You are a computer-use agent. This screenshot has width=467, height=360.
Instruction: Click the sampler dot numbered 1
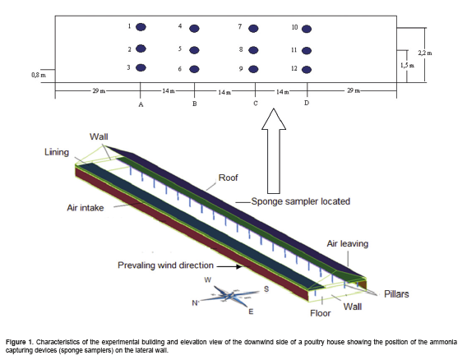[x=141, y=27]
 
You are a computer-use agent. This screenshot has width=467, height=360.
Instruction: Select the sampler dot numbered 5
[x=194, y=50]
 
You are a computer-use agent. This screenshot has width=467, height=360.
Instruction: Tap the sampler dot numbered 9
[x=253, y=69]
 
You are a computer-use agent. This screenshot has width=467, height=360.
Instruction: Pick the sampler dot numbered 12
[x=307, y=70]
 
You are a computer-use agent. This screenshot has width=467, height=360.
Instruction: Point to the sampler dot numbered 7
[x=253, y=29]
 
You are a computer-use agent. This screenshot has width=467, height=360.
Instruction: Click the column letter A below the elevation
[x=141, y=104]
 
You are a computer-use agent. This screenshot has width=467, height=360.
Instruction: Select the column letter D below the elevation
[x=307, y=103]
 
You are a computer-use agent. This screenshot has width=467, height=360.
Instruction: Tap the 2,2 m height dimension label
[x=425, y=53]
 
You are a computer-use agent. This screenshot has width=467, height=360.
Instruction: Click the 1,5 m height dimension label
[x=408, y=66]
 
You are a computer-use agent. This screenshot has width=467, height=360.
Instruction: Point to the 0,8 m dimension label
[x=39, y=75]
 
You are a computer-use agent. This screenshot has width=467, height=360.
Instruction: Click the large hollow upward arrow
[x=274, y=151]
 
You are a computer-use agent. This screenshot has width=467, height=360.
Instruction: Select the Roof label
[x=228, y=178]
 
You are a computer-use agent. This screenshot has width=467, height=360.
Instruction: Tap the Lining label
[x=57, y=152]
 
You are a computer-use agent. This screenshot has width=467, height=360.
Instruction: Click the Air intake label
[x=86, y=208]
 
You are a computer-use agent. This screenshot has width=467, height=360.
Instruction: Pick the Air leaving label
[x=348, y=243]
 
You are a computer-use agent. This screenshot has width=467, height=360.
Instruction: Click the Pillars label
[x=396, y=294]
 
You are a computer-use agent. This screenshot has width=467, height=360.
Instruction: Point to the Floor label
[x=321, y=313]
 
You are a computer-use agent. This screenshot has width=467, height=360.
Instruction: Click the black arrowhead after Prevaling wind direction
[x=239, y=266]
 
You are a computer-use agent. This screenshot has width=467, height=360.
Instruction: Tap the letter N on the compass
[x=195, y=303]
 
